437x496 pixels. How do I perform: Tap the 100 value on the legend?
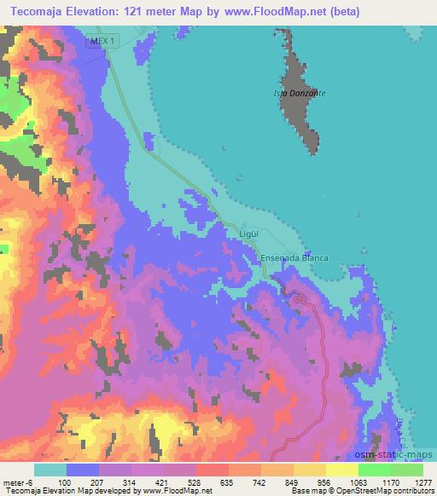[x=64, y=482]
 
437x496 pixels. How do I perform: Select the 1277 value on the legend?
[x=423, y=482]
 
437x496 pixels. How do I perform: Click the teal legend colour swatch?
[x=50, y=470]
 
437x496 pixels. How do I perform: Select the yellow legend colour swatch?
[x=341, y=470]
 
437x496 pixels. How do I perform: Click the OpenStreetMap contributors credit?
[x=387, y=491]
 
